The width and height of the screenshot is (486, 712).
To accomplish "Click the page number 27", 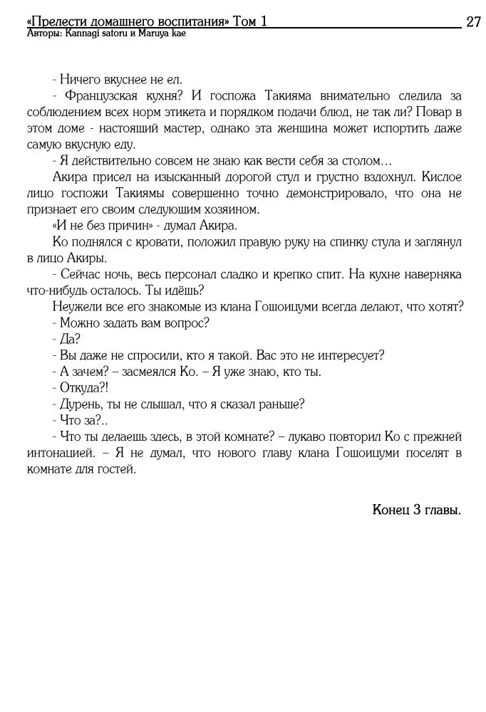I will coord(473,22).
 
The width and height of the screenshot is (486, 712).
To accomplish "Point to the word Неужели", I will coord(78,306).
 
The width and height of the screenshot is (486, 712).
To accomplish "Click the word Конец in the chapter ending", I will coord(390,510).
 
